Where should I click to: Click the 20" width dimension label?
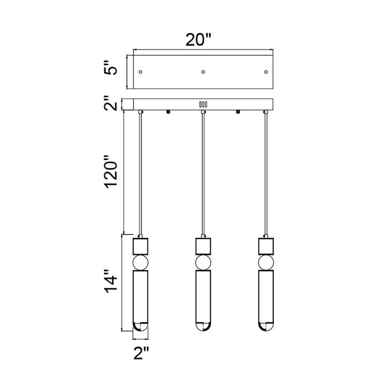[x=198, y=40]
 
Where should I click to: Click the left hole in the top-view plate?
[x=140, y=72]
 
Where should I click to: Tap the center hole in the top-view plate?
[x=203, y=72]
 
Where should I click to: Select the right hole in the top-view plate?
[x=266, y=72]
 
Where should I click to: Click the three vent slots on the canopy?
[x=203, y=104]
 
